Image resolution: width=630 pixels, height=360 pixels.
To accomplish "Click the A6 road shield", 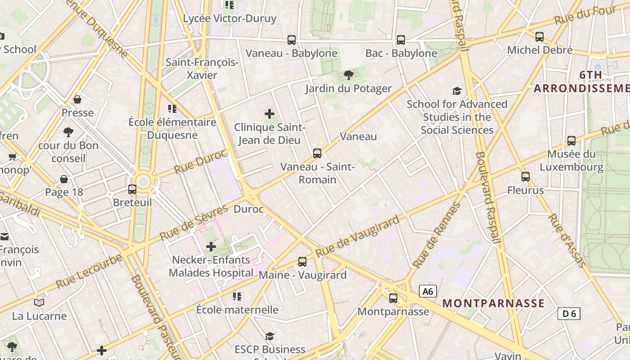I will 428,292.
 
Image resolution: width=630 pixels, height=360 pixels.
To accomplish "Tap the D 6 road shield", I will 569,314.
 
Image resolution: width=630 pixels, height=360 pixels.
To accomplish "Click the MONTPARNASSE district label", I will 494,303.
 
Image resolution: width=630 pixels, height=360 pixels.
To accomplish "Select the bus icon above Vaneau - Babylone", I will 292,40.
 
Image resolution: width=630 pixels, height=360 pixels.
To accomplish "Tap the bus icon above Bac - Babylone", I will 401,40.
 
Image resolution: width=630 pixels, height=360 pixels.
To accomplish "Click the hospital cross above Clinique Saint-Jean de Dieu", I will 270,114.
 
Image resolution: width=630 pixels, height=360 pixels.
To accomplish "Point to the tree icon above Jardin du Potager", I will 348,75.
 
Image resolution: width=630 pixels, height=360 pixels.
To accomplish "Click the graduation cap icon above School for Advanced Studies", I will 457,91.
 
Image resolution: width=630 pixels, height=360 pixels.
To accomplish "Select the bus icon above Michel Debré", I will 540,37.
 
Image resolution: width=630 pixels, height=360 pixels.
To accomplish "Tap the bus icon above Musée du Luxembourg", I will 571,141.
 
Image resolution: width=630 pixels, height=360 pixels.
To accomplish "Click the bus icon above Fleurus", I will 526,177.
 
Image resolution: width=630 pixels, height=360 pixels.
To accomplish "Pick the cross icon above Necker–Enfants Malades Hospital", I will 211,247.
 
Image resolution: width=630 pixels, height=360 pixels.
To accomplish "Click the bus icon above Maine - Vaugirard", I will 302,262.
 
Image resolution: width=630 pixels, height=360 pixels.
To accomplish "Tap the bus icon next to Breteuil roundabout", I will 132,189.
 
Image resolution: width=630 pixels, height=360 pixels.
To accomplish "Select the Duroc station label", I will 248,209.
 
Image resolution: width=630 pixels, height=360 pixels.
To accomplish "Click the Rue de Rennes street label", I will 436,235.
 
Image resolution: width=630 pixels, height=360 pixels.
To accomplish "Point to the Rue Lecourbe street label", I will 89,272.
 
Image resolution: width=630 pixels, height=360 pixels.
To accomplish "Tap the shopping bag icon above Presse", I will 77,99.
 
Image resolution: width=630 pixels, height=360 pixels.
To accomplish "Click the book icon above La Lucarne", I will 39,302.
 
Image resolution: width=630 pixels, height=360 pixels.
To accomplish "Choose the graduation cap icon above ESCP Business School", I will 270,337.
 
